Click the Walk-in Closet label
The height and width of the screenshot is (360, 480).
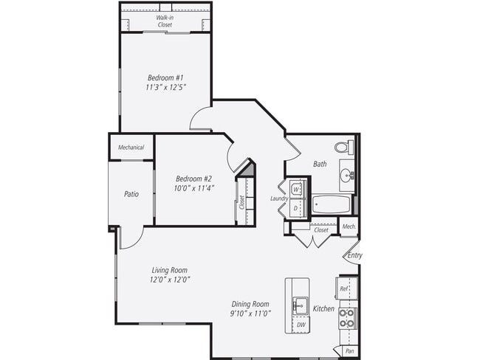(x=165, y=21)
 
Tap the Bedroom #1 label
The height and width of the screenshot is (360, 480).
(x=165, y=77)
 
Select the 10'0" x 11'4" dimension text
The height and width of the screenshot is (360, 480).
(x=194, y=188)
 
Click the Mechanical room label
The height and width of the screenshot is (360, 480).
(x=131, y=148)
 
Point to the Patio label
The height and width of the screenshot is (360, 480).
(x=131, y=194)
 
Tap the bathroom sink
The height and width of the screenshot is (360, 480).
(x=346, y=176)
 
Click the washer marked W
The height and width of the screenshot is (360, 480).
(x=295, y=190)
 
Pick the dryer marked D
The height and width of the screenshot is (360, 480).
(x=295, y=209)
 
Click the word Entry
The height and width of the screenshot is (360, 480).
(x=355, y=255)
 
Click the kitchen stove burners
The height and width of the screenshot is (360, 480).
(x=347, y=318)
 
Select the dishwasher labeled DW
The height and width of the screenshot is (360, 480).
(x=300, y=325)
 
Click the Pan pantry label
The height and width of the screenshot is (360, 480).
(x=348, y=351)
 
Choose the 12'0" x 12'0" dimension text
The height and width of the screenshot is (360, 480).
(x=171, y=280)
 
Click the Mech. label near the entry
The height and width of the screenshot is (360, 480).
(x=349, y=226)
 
